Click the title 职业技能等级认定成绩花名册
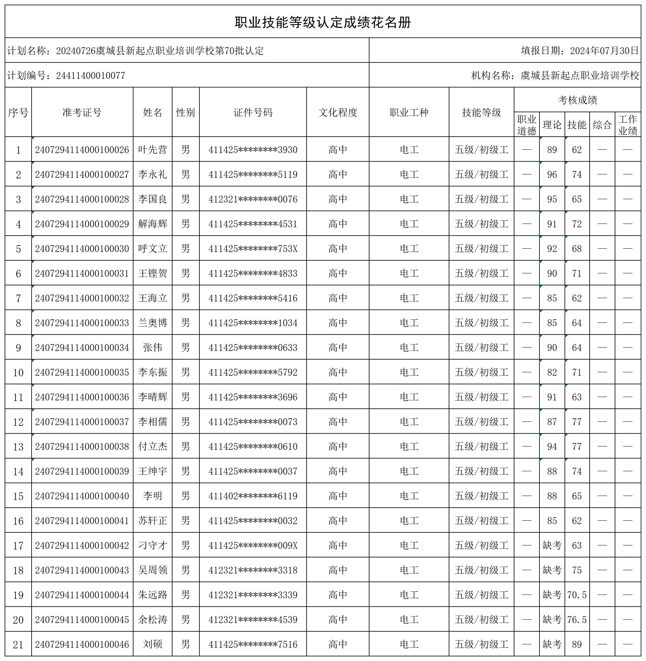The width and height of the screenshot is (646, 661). pyautogui.click(x=323, y=22)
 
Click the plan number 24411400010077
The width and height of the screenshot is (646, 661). pyautogui.click(x=91, y=75)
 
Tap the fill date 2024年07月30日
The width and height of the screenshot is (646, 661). pyautogui.click(x=604, y=50)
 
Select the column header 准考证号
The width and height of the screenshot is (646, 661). pyautogui.click(x=82, y=113)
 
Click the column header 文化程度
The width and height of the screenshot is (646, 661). pyautogui.click(x=338, y=113)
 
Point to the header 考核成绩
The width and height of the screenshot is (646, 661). pyautogui.click(x=577, y=100)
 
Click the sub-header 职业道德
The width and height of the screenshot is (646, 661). pyautogui.click(x=526, y=125)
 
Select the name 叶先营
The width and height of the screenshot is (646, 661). pyautogui.click(x=153, y=149)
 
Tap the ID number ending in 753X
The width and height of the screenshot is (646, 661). pyautogui.click(x=253, y=249)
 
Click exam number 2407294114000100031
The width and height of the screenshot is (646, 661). pyautogui.click(x=82, y=273)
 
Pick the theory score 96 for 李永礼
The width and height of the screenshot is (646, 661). pyautogui.click(x=552, y=174)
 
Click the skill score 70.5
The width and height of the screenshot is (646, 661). pyautogui.click(x=577, y=595)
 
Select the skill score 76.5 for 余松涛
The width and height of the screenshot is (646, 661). pyautogui.click(x=577, y=620)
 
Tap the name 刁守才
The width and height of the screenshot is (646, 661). pyautogui.click(x=153, y=545)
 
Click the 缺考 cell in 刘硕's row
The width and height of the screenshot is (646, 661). pyautogui.click(x=552, y=644)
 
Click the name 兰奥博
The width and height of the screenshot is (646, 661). pyautogui.click(x=153, y=323)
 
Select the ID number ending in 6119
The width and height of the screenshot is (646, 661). pyautogui.click(x=253, y=496)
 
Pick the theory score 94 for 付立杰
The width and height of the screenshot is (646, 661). pyautogui.click(x=552, y=446)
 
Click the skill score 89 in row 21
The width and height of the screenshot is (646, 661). pyautogui.click(x=577, y=644)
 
